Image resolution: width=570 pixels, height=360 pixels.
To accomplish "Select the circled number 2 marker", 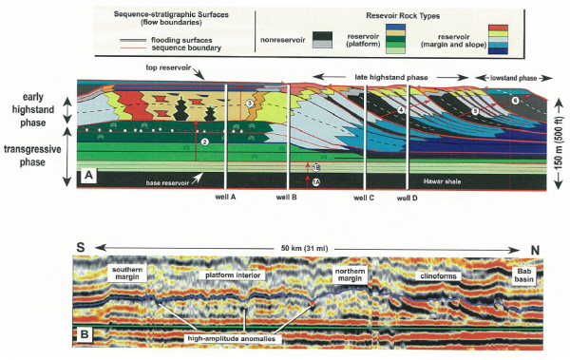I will (x=204, y=142).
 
